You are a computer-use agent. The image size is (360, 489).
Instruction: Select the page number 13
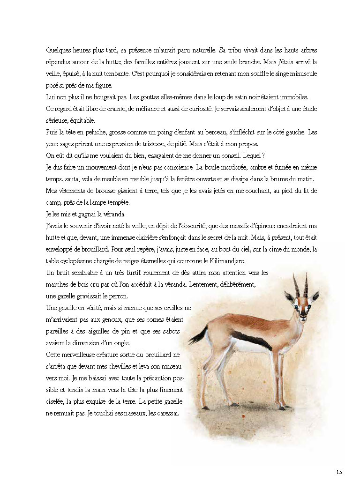(339, 472)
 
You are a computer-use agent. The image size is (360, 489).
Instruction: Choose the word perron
(113, 296)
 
